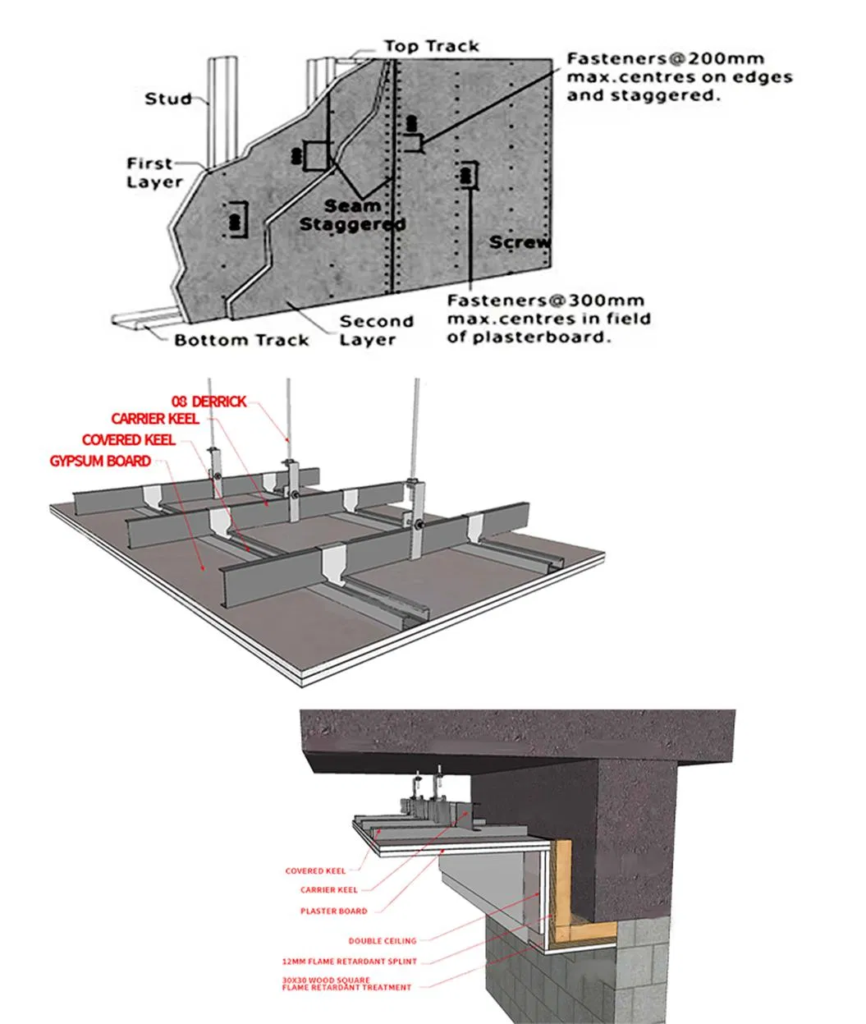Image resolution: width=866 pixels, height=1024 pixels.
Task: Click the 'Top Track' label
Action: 432,46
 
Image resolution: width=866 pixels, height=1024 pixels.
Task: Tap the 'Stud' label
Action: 167,99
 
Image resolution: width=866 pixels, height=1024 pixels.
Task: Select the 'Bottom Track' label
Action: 241,340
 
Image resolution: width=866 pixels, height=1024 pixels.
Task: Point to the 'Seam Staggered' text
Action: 352,215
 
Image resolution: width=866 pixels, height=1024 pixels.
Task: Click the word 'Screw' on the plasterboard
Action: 520,242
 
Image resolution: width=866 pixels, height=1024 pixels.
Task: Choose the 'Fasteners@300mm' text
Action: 545,301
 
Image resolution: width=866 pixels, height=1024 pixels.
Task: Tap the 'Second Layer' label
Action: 376,330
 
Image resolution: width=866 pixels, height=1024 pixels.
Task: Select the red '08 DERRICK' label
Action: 209,401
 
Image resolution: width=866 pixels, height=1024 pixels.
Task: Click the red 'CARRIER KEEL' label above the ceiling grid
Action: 155,420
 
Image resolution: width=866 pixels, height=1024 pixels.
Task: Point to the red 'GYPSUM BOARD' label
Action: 100,461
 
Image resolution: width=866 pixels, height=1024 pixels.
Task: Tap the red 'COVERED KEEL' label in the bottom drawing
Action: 315,870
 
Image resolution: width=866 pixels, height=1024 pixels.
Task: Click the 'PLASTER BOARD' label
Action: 333,911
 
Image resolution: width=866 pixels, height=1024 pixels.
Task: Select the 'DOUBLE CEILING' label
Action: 382,940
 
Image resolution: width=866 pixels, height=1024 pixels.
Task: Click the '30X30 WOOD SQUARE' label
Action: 325,980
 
